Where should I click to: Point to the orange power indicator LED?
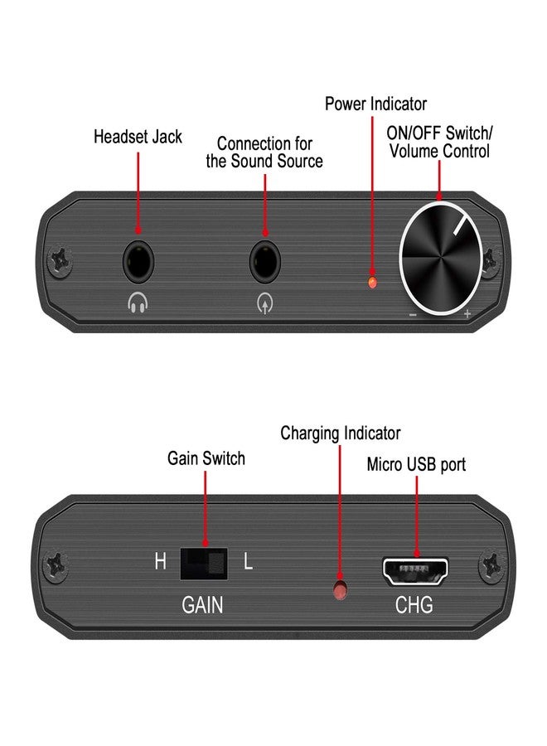[372, 283]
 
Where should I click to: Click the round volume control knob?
[440, 258]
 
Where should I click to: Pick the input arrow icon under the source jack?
[264, 304]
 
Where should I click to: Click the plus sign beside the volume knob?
[467, 314]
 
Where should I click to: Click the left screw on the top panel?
[61, 259]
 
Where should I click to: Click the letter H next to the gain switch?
[160, 563]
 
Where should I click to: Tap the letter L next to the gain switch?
[248, 563]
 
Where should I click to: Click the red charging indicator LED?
[339, 589]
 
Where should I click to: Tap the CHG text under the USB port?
[414, 606]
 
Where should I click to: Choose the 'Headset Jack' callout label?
[138, 137]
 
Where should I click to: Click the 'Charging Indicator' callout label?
[340, 434]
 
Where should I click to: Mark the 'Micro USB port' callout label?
[416, 464]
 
